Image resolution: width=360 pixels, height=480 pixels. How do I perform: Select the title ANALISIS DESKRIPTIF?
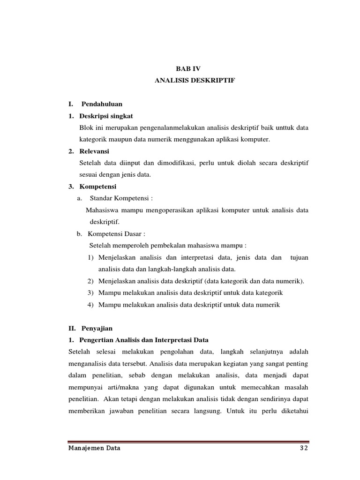coord(195,81)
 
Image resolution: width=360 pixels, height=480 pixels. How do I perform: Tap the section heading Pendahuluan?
coord(102,104)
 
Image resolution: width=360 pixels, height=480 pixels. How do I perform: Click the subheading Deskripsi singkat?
coord(106,116)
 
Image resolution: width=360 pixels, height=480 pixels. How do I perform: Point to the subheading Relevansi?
coord(94,151)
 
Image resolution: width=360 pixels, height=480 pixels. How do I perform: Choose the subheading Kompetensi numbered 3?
coord(98,187)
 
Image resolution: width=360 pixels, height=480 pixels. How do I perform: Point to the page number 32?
coord(304,448)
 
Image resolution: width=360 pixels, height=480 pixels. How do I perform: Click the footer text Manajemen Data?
coord(94,448)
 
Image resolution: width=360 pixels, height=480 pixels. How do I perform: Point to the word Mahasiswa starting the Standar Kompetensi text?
coord(103,210)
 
